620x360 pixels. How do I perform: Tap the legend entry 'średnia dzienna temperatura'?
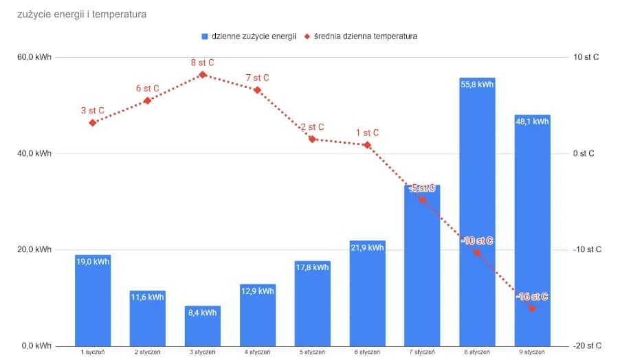click(365, 36)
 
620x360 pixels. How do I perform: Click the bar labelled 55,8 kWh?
click(477, 213)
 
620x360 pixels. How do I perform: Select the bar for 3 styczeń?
click(202, 326)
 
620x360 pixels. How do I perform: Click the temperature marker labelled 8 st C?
click(203, 74)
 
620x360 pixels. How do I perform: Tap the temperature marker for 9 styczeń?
click(532, 308)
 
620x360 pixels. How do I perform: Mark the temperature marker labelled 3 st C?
click(93, 122)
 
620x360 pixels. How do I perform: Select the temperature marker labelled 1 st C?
click(368, 145)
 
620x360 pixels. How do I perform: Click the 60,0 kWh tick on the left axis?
click(34, 57)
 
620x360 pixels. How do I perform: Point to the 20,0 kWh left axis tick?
click(34, 249)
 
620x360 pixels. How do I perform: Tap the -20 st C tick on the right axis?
click(588, 346)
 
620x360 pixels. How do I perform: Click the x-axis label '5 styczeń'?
click(312, 352)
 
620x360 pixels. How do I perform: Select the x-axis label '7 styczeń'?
click(422, 352)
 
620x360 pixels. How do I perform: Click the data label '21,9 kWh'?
click(368, 248)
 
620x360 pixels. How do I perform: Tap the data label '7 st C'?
click(257, 78)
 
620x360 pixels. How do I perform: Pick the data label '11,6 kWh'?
click(148, 297)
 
